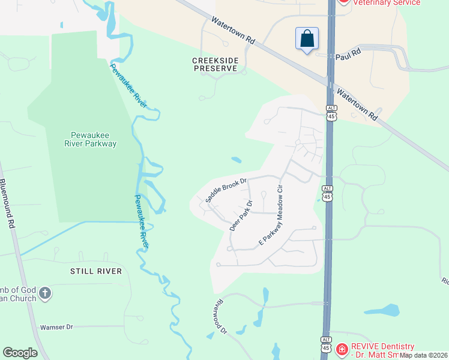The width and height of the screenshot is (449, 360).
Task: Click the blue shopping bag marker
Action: click(x=307, y=39)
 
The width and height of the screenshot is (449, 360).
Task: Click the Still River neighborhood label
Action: click(x=95, y=271)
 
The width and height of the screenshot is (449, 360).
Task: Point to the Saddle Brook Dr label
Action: click(x=226, y=189)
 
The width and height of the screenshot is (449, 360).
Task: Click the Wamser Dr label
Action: click(x=56, y=328)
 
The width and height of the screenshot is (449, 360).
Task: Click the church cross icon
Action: click(x=46, y=294)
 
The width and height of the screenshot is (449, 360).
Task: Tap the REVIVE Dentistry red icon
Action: click(x=342, y=349)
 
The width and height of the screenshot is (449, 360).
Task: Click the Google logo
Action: click(x=20, y=353)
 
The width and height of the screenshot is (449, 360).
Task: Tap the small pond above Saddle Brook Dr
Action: click(x=237, y=160)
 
